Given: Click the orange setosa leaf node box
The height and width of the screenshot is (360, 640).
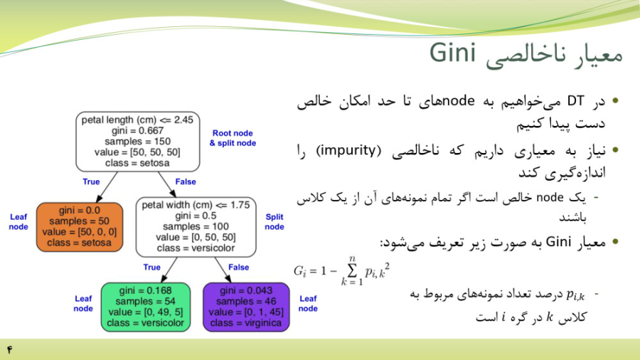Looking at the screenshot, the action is point(80,227).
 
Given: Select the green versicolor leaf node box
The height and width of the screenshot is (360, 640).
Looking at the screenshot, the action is point(146,307).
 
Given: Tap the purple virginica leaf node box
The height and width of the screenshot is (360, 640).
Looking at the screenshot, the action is point(246,307).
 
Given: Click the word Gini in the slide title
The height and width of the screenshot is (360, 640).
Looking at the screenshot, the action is point(453,53).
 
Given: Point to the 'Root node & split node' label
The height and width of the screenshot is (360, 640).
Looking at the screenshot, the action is point(233,138).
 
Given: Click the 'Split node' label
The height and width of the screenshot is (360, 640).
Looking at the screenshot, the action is point(274,222).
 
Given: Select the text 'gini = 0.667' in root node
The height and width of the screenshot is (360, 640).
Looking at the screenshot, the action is point(137,131).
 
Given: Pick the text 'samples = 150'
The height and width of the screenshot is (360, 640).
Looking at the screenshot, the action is point(137,141).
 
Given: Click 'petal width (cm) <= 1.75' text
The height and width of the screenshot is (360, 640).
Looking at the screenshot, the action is point(196,205).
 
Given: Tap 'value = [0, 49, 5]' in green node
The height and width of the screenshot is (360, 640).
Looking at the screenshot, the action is point(146,312).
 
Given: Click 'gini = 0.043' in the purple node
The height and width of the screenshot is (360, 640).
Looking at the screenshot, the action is point(246,290).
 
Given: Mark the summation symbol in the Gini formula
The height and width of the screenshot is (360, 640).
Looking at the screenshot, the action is point(352,270).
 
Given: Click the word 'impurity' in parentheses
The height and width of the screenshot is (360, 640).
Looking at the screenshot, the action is point(348,151).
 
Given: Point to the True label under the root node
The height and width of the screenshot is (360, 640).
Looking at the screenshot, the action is point(91,181).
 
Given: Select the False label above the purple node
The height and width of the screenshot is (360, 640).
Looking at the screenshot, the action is point(239,268).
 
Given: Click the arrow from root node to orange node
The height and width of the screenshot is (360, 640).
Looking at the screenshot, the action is point(107,187).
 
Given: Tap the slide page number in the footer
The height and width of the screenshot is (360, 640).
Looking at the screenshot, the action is point(9,349).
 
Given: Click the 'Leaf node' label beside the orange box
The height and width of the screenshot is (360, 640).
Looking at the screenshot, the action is point(18,222).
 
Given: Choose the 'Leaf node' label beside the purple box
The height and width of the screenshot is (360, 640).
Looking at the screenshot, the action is point(308,303).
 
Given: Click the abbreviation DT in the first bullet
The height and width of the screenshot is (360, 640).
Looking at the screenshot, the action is point(575,101).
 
